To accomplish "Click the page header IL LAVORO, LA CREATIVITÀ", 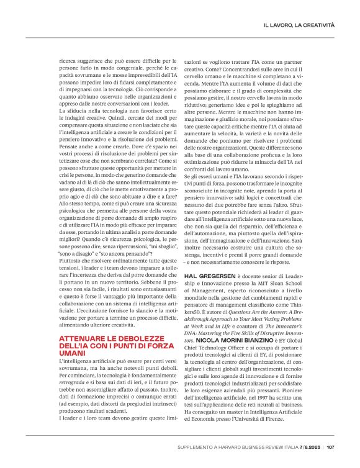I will pos(299,25).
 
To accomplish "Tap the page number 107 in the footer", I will pos(330,446).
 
